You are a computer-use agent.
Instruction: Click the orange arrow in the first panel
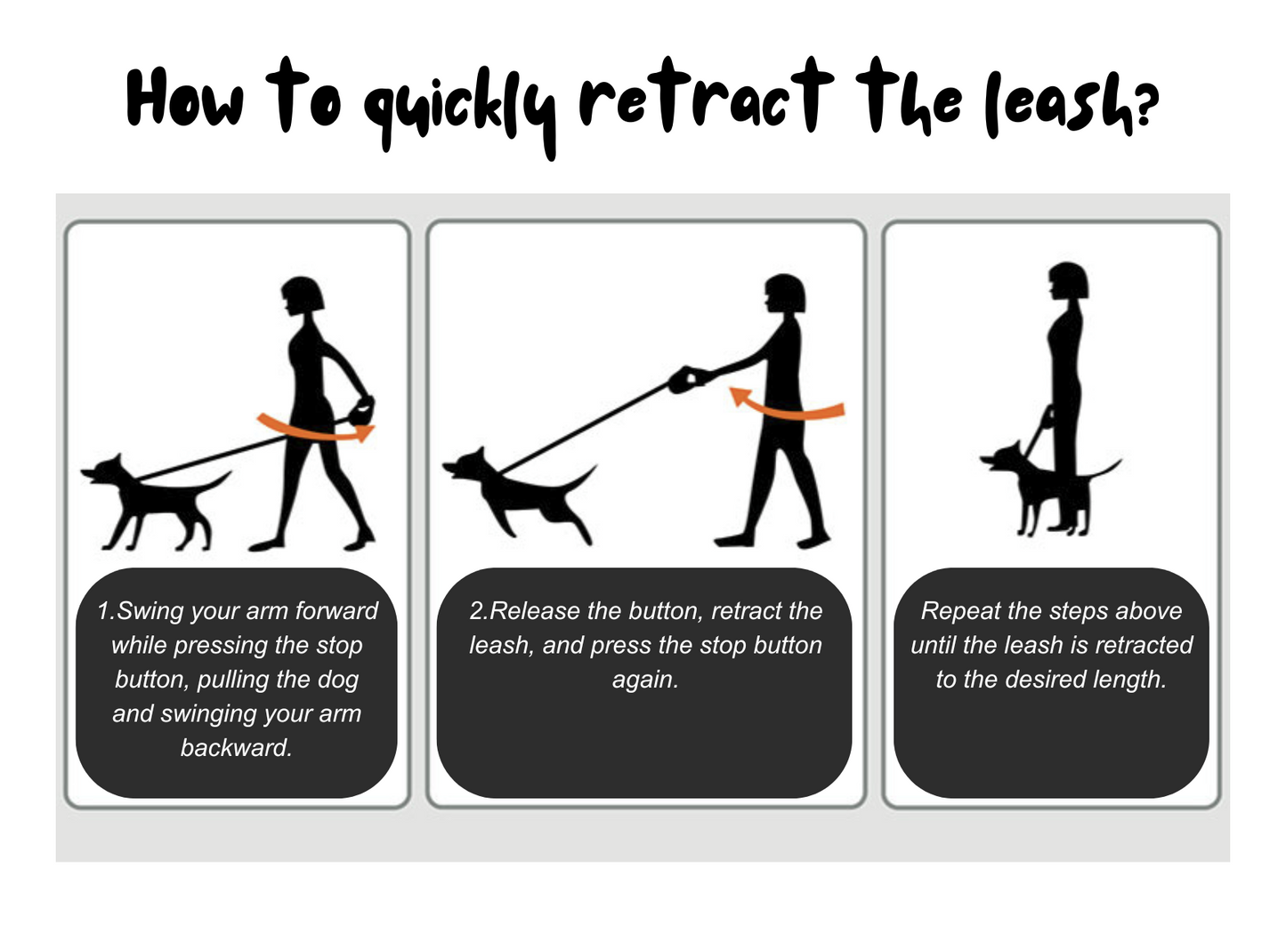tap(315, 429)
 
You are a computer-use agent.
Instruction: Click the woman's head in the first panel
tap(303, 296)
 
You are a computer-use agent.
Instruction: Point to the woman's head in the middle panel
tap(785, 294)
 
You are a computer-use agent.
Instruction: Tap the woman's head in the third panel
tap(1069, 280)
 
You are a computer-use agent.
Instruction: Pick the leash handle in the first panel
tap(361, 411)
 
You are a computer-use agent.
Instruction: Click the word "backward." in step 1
tap(237, 747)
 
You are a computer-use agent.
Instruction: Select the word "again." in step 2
tap(645, 680)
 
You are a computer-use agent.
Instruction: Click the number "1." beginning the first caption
tap(107, 611)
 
